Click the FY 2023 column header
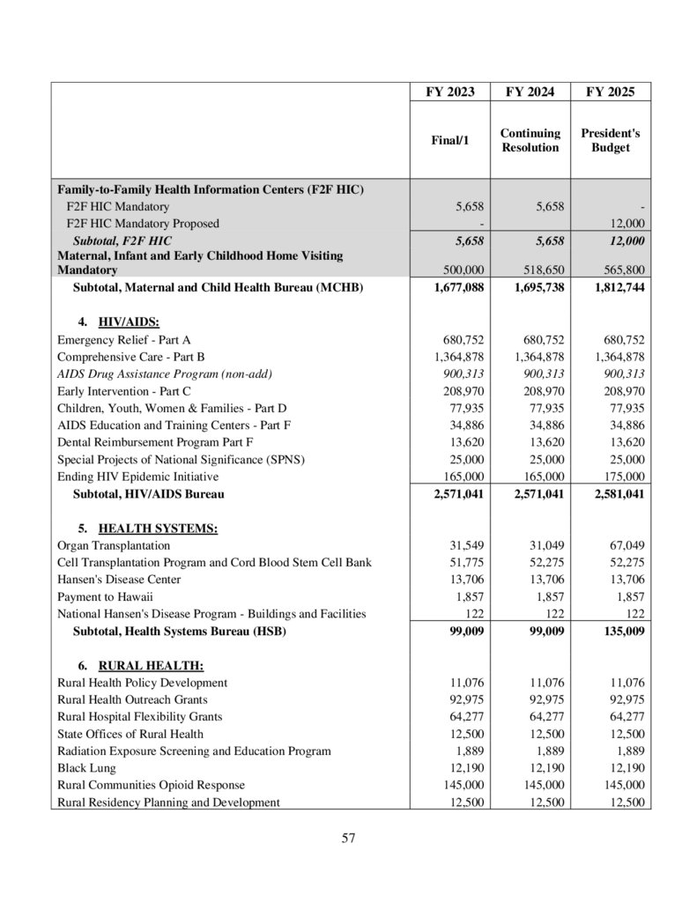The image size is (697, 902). [449, 92]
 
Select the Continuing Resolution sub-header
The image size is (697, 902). [530, 140]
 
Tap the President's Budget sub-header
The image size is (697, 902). [611, 140]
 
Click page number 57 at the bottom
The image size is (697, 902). [348, 838]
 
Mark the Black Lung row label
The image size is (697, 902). [80, 768]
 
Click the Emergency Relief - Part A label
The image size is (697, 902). [123, 339]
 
